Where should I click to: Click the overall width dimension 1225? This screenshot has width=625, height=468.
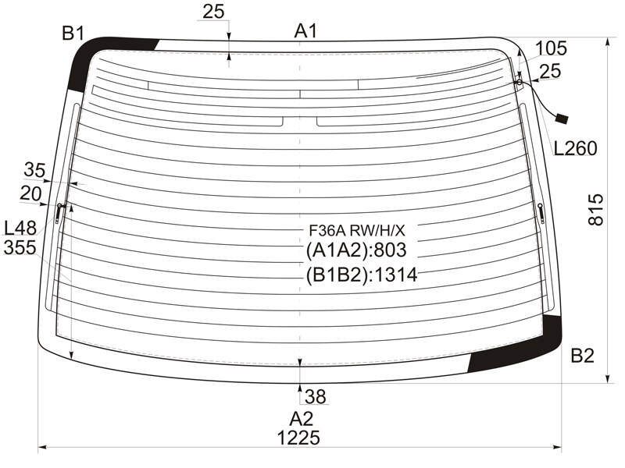(298, 438)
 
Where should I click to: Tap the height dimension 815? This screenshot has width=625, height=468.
(596, 210)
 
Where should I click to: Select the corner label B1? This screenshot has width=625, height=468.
(73, 34)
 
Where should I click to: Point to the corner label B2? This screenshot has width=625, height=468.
(582, 356)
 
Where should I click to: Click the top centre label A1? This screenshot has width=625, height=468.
(305, 31)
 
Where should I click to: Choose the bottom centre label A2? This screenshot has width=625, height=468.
(302, 419)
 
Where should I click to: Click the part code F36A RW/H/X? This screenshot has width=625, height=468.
(357, 230)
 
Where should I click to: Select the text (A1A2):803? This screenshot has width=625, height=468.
(356, 250)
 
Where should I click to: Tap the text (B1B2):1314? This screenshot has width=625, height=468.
(362, 275)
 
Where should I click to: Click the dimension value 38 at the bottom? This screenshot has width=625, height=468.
(316, 396)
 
